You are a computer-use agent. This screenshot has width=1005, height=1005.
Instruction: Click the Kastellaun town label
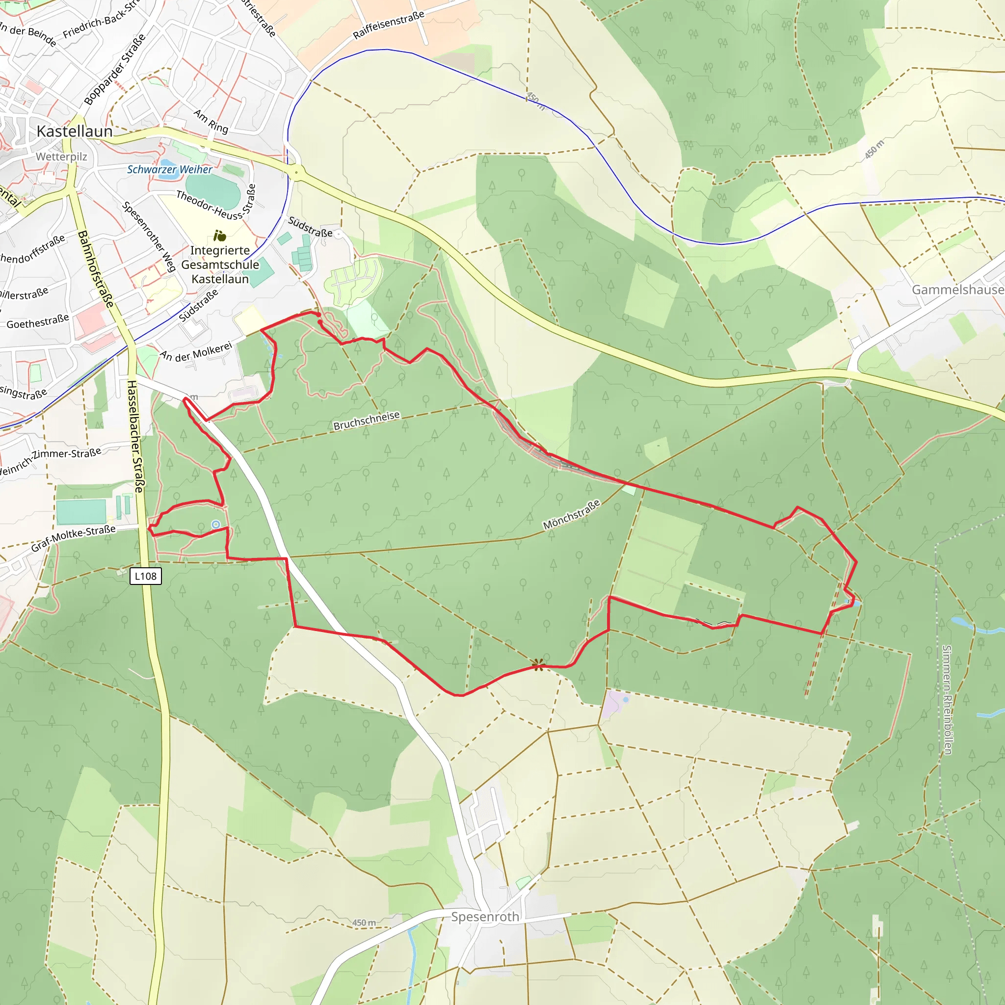(x=75, y=131)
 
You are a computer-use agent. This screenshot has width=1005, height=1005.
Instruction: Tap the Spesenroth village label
(x=485, y=917)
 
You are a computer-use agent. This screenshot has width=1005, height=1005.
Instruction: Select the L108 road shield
(x=146, y=576)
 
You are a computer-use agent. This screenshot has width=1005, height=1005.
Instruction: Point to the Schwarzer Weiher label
(x=170, y=170)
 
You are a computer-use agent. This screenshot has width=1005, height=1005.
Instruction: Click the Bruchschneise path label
(x=366, y=421)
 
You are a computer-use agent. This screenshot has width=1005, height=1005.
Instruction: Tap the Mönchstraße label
(x=571, y=514)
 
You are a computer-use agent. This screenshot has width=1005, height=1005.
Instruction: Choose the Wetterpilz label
(x=61, y=157)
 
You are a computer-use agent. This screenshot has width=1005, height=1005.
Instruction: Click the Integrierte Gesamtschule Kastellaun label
(x=220, y=264)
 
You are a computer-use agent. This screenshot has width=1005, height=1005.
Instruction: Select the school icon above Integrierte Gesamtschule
(x=219, y=236)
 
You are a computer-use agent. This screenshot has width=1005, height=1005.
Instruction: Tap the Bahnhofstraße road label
(x=95, y=269)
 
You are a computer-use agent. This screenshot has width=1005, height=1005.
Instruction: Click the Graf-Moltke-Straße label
(x=73, y=538)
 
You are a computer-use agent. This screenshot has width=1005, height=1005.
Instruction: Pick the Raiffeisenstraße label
(x=389, y=25)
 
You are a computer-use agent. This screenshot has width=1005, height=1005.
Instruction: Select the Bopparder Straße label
(x=115, y=70)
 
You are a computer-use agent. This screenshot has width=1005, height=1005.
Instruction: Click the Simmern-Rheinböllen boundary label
(x=947, y=700)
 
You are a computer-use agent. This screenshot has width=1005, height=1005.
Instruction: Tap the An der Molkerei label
(x=196, y=352)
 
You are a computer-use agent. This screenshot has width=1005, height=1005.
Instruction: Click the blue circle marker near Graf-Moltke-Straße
(x=216, y=525)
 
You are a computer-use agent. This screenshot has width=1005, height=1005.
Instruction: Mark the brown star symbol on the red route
(x=538, y=664)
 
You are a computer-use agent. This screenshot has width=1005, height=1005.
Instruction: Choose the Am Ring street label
(x=211, y=121)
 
